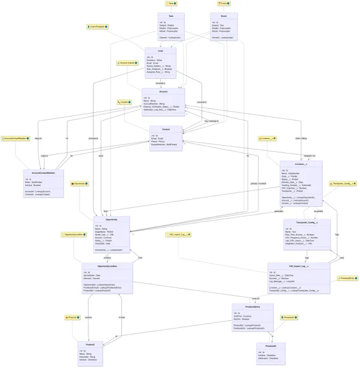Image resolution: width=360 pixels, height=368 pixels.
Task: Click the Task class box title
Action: [x=171, y=16]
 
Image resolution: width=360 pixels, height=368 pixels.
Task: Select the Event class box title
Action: [x=223, y=16]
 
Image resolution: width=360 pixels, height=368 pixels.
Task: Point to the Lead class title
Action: [x=160, y=51]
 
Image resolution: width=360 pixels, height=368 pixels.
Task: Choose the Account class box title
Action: [x=163, y=92]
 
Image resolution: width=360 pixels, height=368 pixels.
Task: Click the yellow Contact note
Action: [x=124, y=102]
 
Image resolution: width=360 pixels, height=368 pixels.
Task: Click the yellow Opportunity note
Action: [x=80, y=183]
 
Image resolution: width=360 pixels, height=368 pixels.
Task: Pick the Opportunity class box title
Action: [x=111, y=220]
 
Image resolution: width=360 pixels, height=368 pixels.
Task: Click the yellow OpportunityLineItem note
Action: [x=72, y=235]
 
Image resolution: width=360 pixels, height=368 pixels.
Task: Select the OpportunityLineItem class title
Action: [x=107, y=266]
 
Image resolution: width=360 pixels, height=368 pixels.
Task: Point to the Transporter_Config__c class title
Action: [x=306, y=222]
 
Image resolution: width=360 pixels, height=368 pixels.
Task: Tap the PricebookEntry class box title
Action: [x=255, y=306]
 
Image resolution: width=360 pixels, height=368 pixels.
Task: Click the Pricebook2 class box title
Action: [x=271, y=346]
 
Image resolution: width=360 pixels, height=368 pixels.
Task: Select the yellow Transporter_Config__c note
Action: [x=343, y=184]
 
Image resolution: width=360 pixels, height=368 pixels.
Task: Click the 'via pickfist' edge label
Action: [x=319, y=211]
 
